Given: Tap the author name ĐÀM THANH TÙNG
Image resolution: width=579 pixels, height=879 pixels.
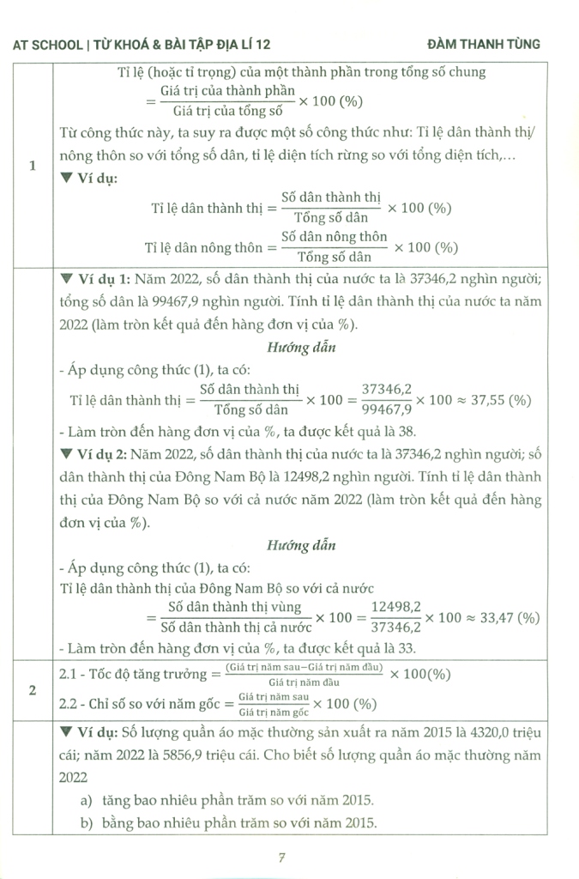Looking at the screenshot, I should [484, 44].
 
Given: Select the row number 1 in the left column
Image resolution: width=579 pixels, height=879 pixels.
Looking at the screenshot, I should [32, 167].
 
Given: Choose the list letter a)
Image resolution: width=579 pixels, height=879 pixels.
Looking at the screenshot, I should [86, 800].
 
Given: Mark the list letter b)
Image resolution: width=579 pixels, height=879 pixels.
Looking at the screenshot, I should [86, 824].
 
